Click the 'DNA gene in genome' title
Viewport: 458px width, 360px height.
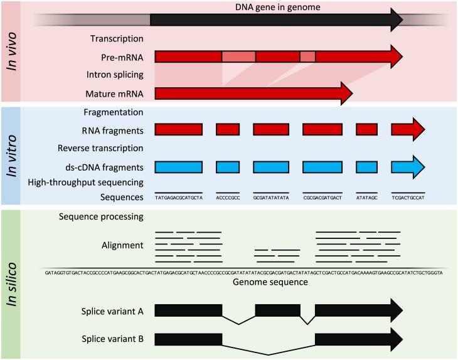point(277,7)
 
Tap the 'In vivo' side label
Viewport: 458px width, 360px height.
point(12,51)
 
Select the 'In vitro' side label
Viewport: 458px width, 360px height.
point(12,156)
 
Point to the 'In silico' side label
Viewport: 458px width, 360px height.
point(12,284)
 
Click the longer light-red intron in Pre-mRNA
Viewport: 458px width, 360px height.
point(238,56)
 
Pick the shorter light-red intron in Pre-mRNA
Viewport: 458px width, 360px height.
point(307,56)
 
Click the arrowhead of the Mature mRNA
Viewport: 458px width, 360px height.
point(347,93)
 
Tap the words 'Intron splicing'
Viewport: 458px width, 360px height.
point(115,75)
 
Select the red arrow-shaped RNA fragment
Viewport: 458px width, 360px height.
point(408,129)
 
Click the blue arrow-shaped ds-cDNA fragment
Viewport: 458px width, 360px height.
point(408,167)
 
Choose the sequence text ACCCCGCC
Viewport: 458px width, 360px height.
point(228,198)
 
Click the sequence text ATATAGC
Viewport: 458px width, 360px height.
point(366,198)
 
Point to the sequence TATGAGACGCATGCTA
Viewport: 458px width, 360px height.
point(179,198)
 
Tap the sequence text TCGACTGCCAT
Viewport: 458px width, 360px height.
point(408,198)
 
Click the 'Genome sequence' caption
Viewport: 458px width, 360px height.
point(270,282)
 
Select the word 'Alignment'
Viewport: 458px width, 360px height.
point(122,245)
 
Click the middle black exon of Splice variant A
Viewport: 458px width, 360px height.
point(278,310)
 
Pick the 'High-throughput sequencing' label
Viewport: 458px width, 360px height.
point(85,183)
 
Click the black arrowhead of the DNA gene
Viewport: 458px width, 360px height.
point(397,20)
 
